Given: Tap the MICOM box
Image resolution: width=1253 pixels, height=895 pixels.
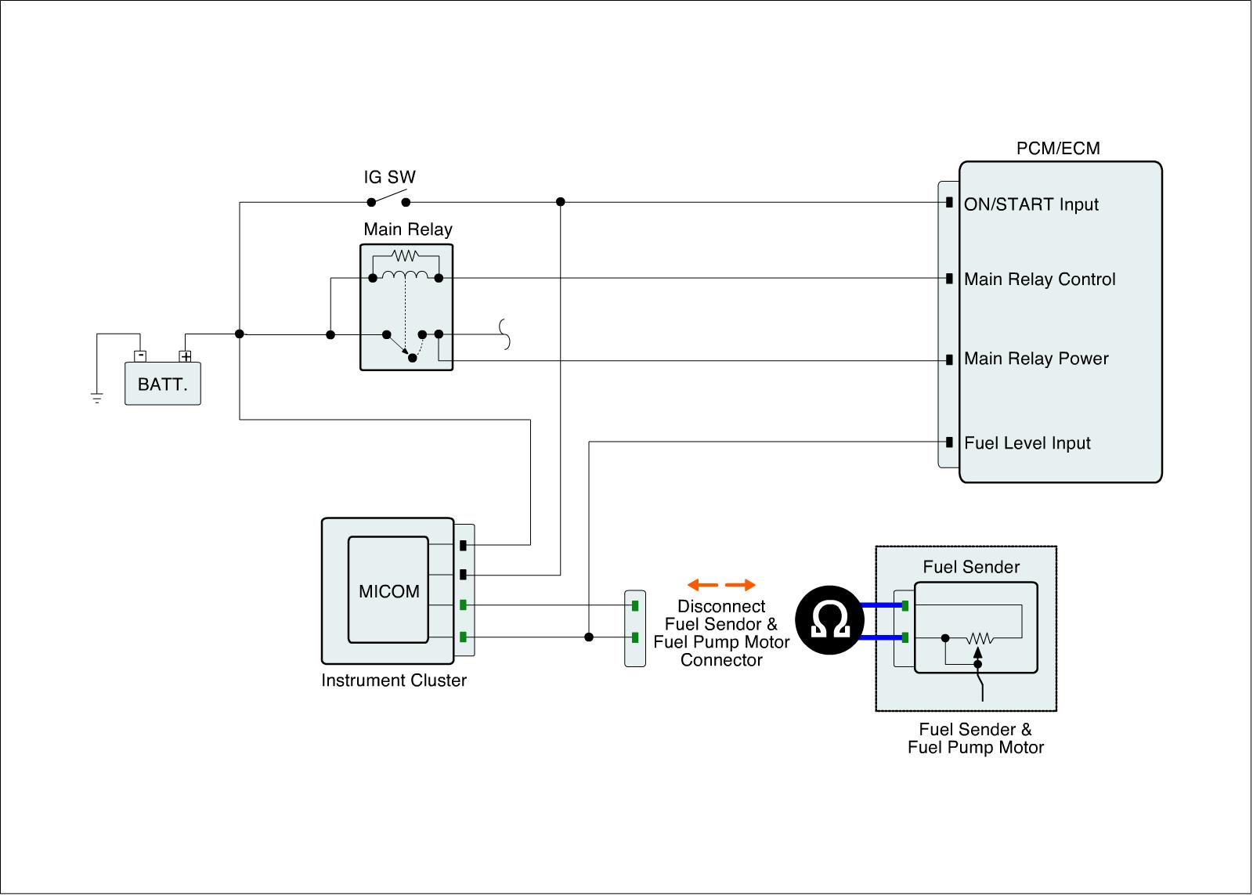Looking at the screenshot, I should [x=388, y=590].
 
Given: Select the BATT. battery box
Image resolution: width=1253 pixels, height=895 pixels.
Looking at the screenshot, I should [x=163, y=384].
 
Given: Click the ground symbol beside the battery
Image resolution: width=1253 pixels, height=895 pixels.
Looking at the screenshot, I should [x=96, y=398].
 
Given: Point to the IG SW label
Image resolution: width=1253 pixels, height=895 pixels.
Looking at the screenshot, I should [x=389, y=178].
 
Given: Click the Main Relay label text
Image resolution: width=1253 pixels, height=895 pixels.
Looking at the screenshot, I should [x=408, y=229].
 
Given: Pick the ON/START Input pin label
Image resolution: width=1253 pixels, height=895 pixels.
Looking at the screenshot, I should [x=1031, y=204].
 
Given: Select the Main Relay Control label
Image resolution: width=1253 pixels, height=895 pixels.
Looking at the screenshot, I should [x=1039, y=280].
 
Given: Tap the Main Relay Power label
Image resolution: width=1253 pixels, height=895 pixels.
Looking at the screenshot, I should [x=1036, y=359].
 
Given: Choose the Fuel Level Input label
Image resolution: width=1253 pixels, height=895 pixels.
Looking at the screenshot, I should [x=1027, y=443].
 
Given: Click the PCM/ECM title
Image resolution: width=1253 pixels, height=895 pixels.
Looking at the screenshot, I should [x=1057, y=149].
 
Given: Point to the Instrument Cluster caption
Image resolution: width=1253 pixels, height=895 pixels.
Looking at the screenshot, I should [x=394, y=680].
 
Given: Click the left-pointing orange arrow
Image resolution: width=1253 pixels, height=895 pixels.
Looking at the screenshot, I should [x=702, y=585].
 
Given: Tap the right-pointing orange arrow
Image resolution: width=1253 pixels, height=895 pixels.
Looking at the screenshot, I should [x=741, y=585].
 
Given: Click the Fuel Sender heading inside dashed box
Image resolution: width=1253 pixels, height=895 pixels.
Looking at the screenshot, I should [x=971, y=567].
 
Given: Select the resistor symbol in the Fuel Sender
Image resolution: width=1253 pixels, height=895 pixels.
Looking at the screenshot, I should [x=980, y=639].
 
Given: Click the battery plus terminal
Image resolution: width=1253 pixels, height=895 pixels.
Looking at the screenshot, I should [x=186, y=356].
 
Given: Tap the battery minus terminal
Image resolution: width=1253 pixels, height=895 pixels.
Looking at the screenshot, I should [x=140, y=356].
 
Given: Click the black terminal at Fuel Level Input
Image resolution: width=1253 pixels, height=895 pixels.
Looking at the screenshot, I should [x=949, y=442].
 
